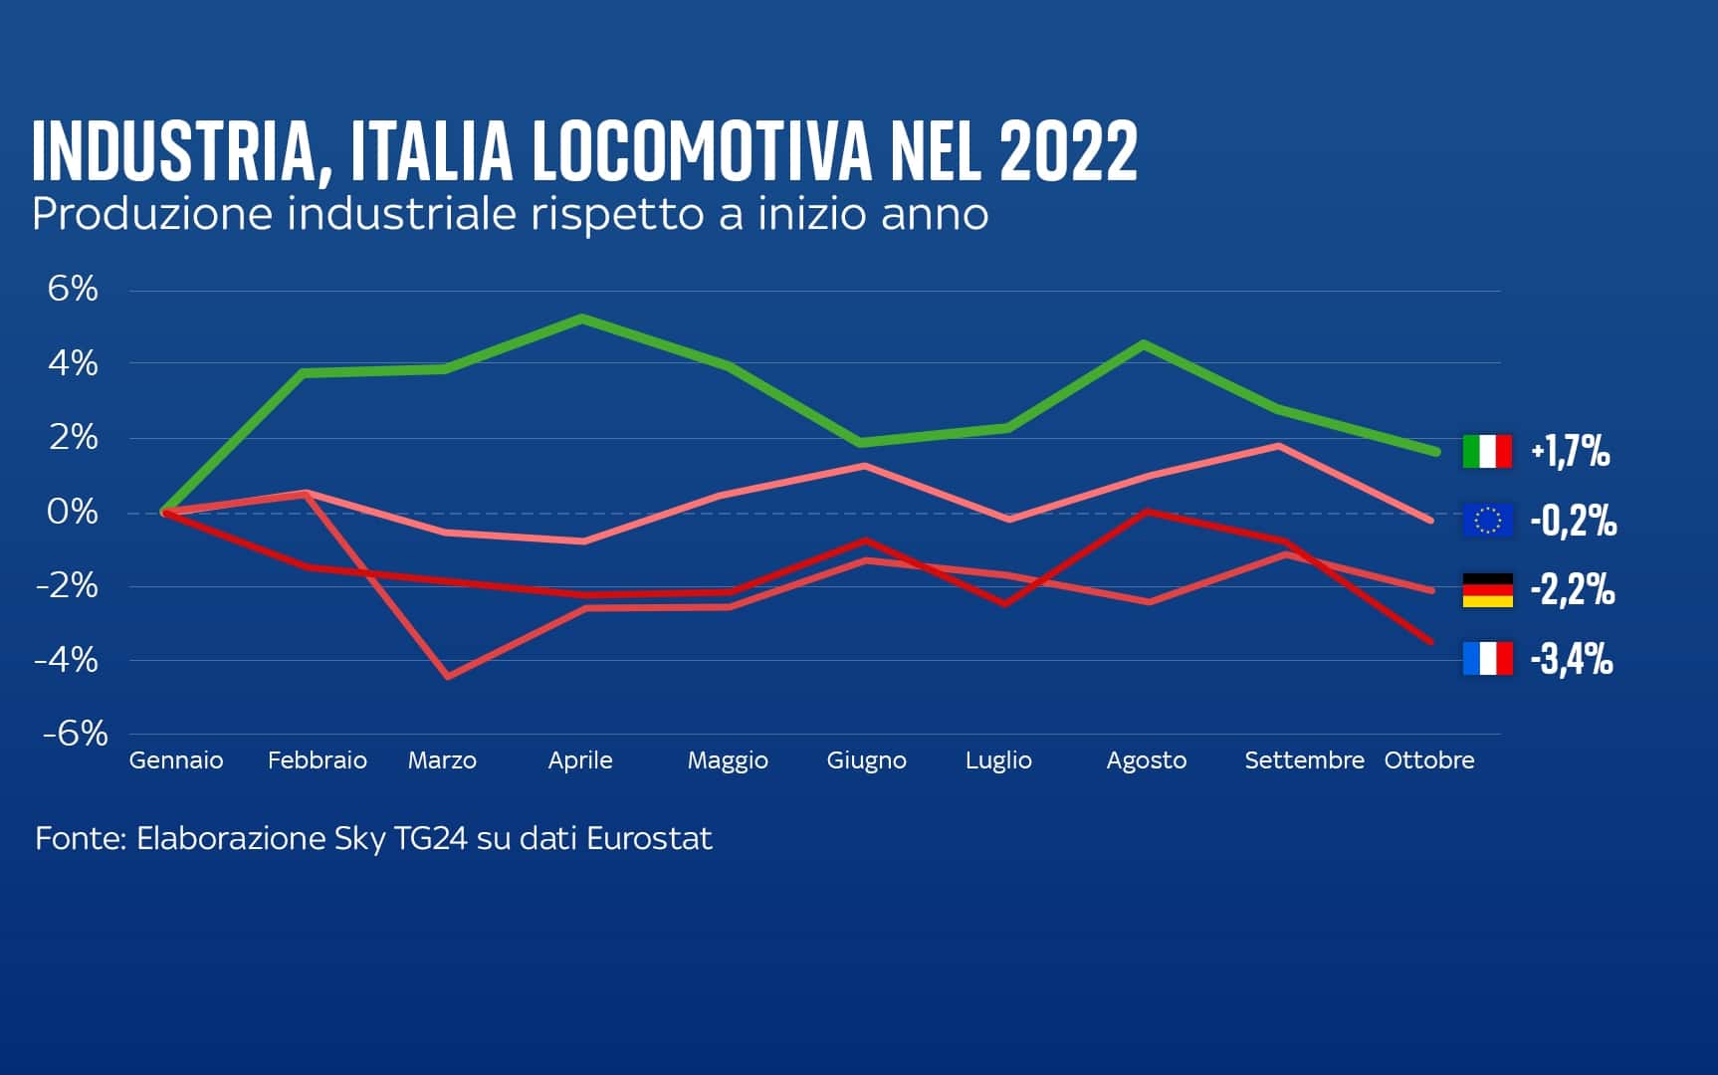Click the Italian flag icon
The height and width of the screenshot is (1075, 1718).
[x=1487, y=451]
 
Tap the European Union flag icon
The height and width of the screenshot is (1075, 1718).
[x=1487, y=520]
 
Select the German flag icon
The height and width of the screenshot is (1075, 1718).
[x=1487, y=589]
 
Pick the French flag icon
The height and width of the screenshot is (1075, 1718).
[x=1487, y=658]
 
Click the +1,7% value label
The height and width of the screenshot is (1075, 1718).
[x=1570, y=451]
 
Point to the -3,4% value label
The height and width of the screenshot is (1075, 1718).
[x=1571, y=658]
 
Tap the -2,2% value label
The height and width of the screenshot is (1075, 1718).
[x=1572, y=589]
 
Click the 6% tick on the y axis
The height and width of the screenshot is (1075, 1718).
[x=73, y=289]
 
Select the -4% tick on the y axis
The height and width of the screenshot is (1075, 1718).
[x=67, y=659]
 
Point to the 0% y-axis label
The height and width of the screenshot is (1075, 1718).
[x=73, y=512]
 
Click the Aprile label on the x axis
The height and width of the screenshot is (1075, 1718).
[x=580, y=760]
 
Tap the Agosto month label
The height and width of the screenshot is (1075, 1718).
[x=1146, y=760]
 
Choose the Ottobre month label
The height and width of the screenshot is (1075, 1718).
[x=1428, y=760]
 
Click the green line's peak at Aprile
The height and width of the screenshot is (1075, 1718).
[x=581, y=319]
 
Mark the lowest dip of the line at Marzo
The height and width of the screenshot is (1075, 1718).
[x=448, y=676]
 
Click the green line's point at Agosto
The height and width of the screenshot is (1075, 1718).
[x=1146, y=344]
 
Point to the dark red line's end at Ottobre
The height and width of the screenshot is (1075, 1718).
[x=1430, y=641]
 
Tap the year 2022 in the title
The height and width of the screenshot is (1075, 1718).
[x=1068, y=152]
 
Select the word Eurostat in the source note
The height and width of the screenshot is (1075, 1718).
[x=649, y=838]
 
